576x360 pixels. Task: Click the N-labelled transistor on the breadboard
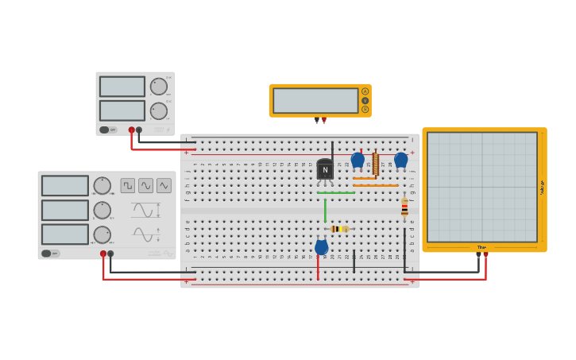click(x=325, y=169)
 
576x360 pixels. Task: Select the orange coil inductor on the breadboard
click(x=375, y=164)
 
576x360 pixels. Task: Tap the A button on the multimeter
click(x=365, y=91)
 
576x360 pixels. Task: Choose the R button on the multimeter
click(x=365, y=110)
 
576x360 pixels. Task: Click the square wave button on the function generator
click(x=128, y=185)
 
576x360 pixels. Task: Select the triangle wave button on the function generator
click(x=164, y=185)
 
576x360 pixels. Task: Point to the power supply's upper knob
click(x=159, y=87)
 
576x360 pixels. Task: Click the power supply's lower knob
click(x=159, y=110)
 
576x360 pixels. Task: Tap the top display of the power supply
click(x=122, y=87)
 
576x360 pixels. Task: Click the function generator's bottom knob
click(x=102, y=234)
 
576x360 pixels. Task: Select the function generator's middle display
click(x=65, y=211)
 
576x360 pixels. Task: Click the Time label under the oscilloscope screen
click(x=481, y=247)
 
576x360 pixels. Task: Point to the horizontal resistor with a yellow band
click(x=339, y=229)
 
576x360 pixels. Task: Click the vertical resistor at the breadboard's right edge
click(x=404, y=207)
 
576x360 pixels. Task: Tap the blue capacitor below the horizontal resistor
click(x=321, y=247)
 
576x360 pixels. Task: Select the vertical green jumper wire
click(x=325, y=210)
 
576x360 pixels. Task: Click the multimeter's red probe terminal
click(x=323, y=120)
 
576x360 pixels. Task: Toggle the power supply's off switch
click(x=108, y=130)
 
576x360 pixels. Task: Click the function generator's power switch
click(x=51, y=254)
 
